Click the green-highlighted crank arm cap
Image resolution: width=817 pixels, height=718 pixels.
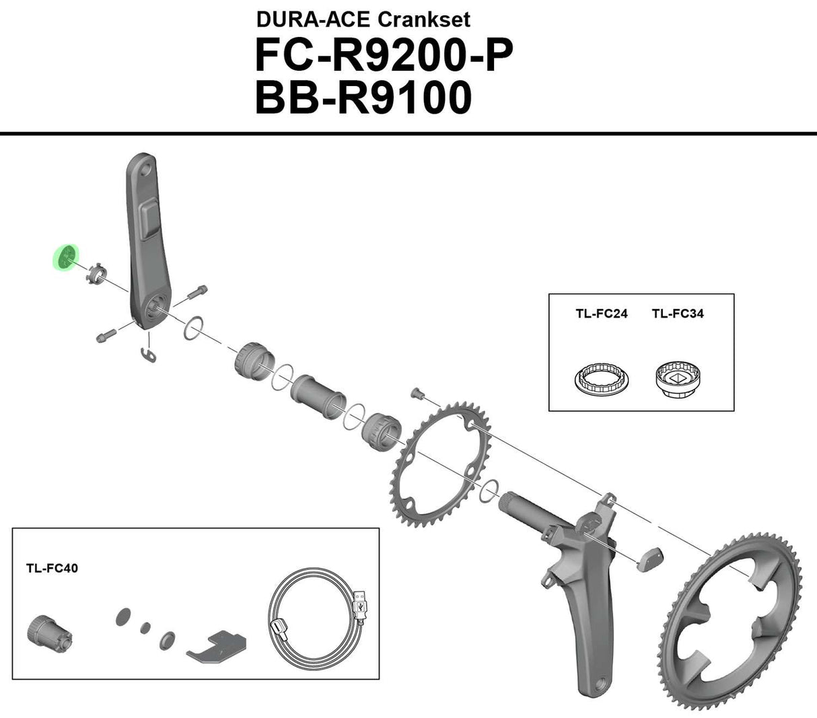65,257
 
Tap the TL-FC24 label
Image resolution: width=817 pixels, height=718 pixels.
601,314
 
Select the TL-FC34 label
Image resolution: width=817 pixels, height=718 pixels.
678,314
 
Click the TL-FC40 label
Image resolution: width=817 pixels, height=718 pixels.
52,568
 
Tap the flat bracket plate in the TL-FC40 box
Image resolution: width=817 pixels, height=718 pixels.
217,647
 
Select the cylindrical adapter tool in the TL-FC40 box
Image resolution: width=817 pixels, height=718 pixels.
47,631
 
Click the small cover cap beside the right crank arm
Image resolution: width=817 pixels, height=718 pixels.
650,559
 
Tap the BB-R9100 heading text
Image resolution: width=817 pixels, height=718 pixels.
363,99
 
